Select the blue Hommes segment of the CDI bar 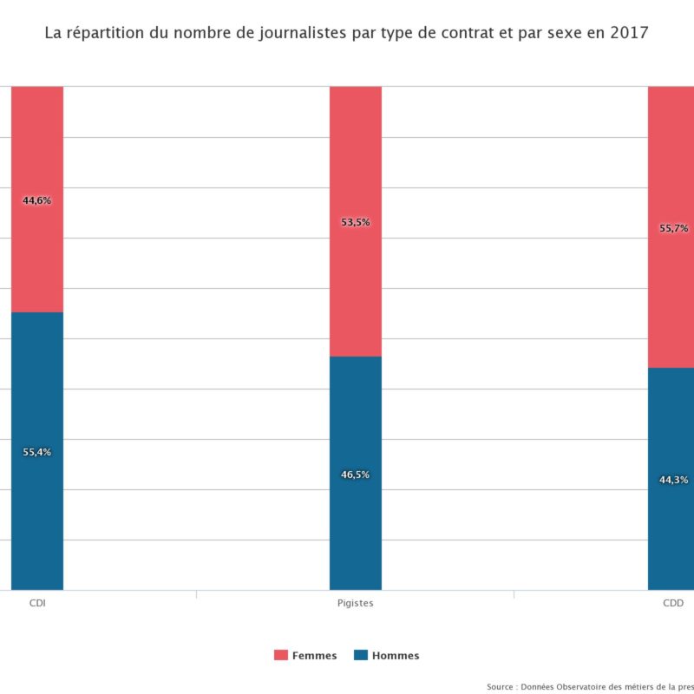pos(37,520)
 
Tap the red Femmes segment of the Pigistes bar pos(356,156)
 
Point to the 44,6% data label pos(37,200)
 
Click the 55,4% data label pos(37,452)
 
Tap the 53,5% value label pos(356,222)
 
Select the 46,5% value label pos(356,475)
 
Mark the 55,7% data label pos(674,228)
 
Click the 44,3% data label pos(674,480)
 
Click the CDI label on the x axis pos(37,603)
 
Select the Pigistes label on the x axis pos(356,603)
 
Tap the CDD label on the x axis pos(673,603)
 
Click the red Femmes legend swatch pos(281,655)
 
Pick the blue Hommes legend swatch pos(361,655)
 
